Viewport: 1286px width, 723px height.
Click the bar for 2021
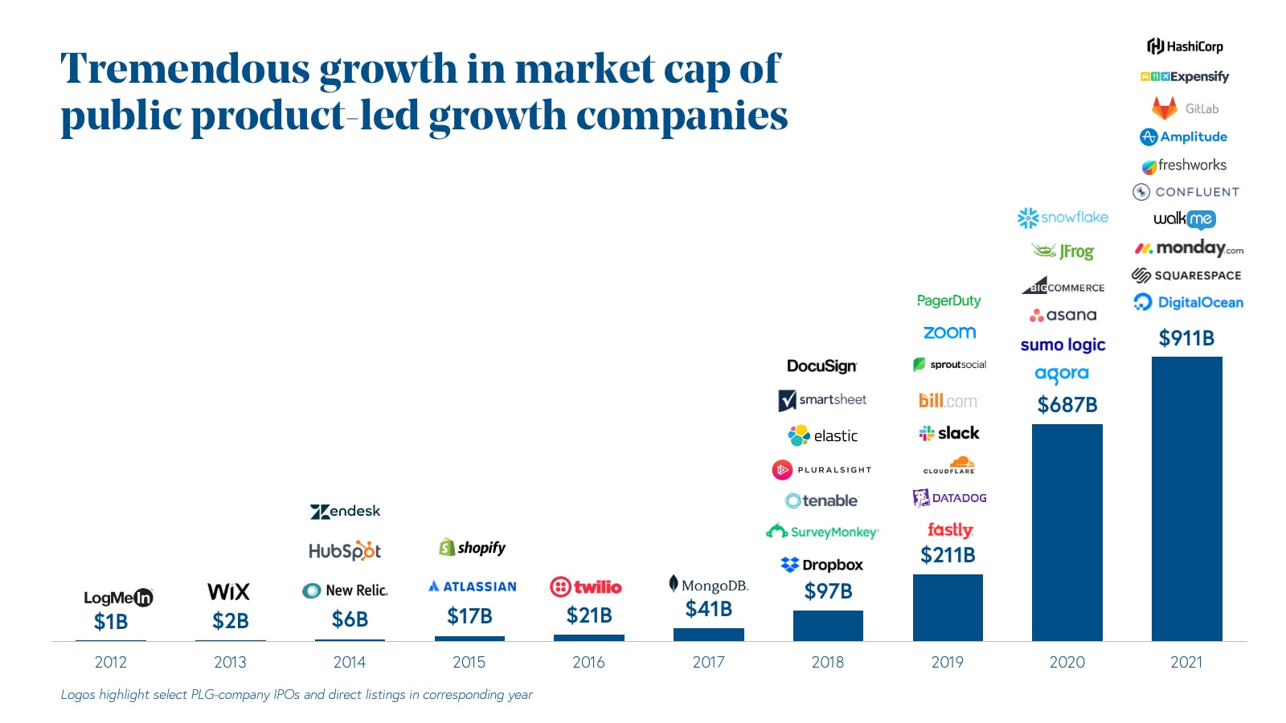point(1186,498)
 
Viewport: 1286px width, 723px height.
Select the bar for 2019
point(948,607)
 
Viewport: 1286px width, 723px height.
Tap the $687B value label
point(1067,404)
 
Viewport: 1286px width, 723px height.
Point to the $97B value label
point(828,591)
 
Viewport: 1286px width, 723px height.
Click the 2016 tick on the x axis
point(588,662)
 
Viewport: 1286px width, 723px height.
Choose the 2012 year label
point(111,662)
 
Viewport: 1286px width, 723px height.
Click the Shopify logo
point(473,548)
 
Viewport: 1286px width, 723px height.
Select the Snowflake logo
point(1063,218)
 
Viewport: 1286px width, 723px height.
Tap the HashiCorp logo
point(1185,47)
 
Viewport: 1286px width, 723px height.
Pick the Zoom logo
point(949,333)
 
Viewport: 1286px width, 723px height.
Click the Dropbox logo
point(821,565)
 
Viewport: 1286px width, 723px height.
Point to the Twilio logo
point(586,587)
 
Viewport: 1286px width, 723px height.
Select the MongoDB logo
point(708,585)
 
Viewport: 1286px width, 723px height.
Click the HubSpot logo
point(345,551)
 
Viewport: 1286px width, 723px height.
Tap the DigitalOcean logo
point(1188,302)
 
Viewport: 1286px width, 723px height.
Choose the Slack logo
point(949,434)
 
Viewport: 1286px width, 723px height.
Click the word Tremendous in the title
point(185,68)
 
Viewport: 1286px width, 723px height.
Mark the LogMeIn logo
point(118,598)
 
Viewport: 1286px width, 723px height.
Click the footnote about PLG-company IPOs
point(297,695)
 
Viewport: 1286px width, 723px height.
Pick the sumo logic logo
point(1063,345)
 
